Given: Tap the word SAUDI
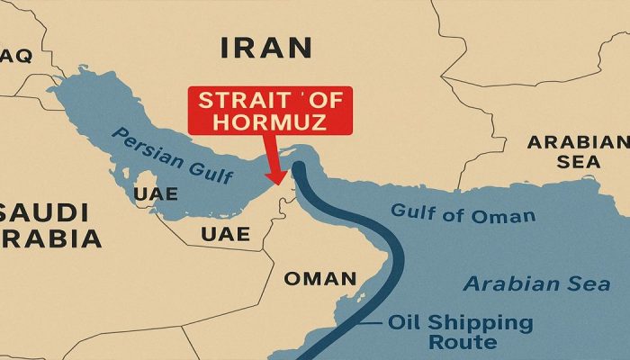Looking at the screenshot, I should [45, 214].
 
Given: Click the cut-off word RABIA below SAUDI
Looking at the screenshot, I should [50, 239].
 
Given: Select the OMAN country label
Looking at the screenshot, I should [320, 278].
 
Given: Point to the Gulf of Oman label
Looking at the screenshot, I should [463, 214].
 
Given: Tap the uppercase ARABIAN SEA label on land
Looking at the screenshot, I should [577, 151].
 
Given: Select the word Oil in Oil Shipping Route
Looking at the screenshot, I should [408, 323].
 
